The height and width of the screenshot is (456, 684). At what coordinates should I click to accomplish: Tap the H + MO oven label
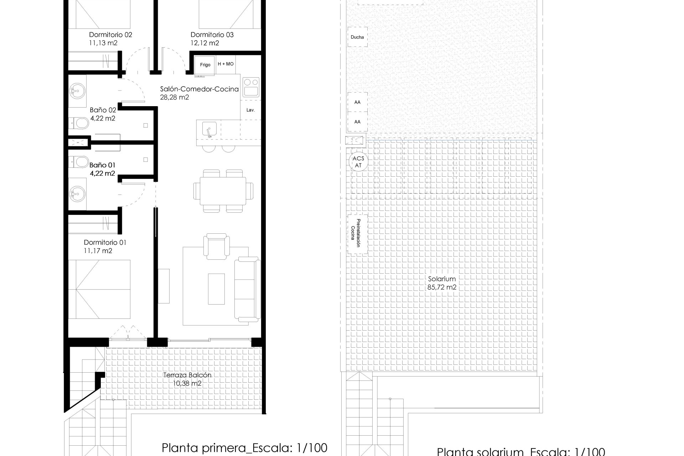point(226,64)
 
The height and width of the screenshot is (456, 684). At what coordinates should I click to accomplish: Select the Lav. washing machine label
point(251,110)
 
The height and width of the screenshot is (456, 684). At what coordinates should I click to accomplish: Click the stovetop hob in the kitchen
point(251,87)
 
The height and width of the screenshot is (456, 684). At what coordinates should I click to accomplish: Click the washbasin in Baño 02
point(76,91)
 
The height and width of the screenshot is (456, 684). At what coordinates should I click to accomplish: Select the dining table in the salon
point(223,191)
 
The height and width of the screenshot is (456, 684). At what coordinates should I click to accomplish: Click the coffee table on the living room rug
point(216,289)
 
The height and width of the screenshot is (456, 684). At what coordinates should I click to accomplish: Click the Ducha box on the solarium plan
point(357,37)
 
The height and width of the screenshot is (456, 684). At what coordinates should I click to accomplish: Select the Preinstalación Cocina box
point(358,234)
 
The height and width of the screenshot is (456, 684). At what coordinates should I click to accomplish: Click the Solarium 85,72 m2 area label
point(442,283)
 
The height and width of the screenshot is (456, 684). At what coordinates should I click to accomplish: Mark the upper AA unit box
point(357,102)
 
